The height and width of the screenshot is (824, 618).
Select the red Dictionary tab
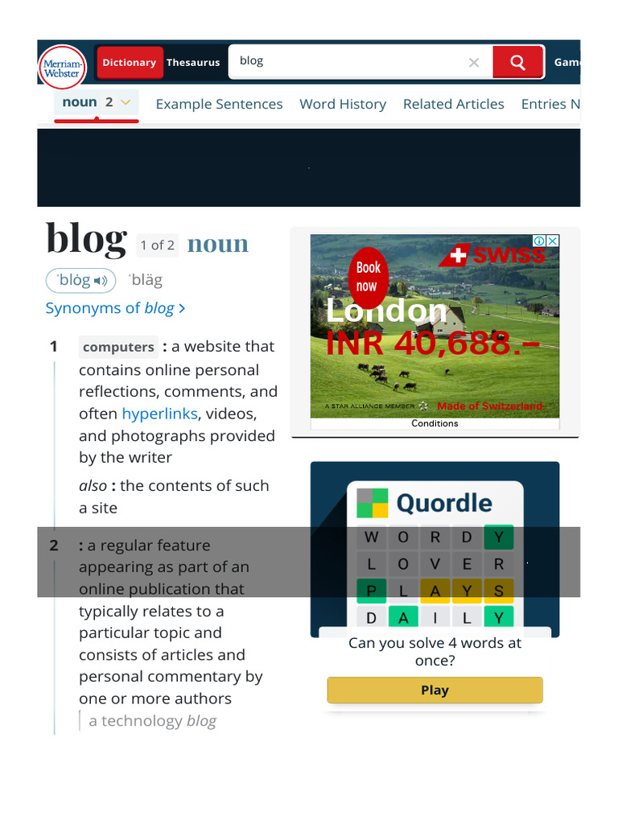click(x=129, y=63)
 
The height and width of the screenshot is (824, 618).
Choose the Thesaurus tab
click(x=193, y=63)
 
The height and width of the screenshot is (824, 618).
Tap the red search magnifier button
click(x=518, y=62)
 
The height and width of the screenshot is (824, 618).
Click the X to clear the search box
click(x=474, y=63)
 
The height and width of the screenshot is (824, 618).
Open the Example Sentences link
click(x=219, y=104)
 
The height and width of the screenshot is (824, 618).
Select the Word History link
click(x=343, y=104)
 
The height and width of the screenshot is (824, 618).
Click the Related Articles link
click(x=453, y=104)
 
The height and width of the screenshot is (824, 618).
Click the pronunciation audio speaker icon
click(x=101, y=281)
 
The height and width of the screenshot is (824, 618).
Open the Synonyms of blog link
click(x=115, y=308)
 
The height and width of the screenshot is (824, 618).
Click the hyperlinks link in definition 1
click(x=160, y=414)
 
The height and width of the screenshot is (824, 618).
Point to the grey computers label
click(x=118, y=348)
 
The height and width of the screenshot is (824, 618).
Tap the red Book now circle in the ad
click(x=369, y=277)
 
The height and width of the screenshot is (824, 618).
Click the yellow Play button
click(x=435, y=690)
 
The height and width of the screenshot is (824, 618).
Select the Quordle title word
click(x=444, y=504)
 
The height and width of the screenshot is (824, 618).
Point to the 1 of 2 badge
click(x=157, y=245)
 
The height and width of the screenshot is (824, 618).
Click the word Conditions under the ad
click(x=435, y=423)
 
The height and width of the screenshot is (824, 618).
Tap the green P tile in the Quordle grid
click(x=371, y=591)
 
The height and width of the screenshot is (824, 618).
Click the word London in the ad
click(x=386, y=311)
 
